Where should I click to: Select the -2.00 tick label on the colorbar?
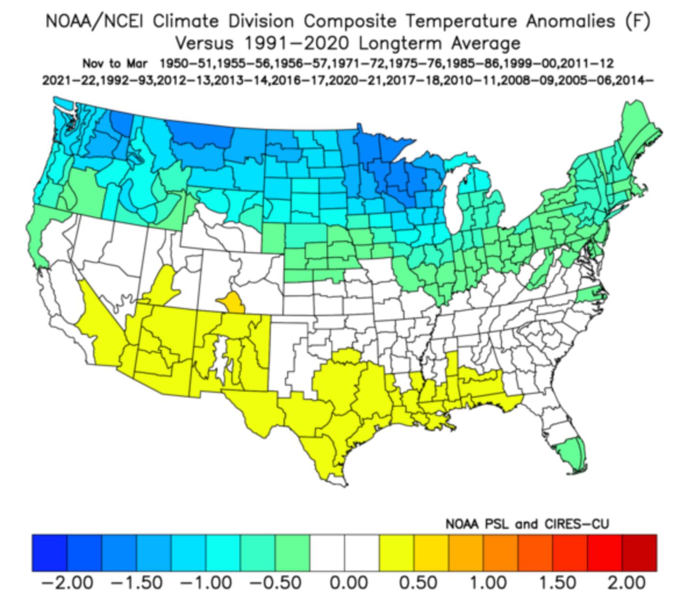pyautogui.click(x=68, y=582)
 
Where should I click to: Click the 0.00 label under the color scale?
pyautogui.click(x=348, y=582)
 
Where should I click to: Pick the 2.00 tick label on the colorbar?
pyautogui.click(x=626, y=582)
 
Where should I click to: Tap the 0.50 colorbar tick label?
pyautogui.click(x=418, y=582)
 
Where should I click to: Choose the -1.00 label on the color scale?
pyautogui.click(x=207, y=582)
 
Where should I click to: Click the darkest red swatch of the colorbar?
pyautogui.click(x=639, y=553)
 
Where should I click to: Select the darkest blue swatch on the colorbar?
pyautogui.click(x=49, y=553)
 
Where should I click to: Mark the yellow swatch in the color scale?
pyautogui.click(x=396, y=553)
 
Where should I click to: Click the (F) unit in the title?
pyautogui.click(x=637, y=22)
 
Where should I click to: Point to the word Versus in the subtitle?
pyautogui.click(x=204, y=43)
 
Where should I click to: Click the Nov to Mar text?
pyautogui.click(x=114, y=64)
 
